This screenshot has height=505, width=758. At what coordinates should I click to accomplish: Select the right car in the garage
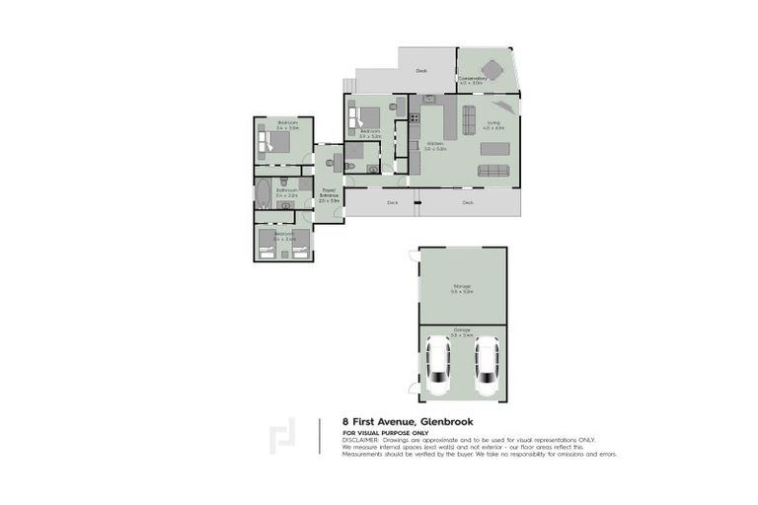487,366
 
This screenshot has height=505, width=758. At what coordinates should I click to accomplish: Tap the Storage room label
462,288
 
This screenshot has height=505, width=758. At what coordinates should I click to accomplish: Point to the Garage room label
462,331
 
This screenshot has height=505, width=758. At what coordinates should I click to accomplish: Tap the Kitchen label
435,146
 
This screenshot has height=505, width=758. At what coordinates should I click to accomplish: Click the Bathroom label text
286,193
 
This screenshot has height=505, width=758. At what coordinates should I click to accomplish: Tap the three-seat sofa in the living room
493,171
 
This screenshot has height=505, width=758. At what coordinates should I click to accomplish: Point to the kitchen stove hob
428,100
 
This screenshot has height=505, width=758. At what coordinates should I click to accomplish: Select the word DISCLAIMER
359,439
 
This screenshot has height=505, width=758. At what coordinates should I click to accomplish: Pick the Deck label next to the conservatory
421,71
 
